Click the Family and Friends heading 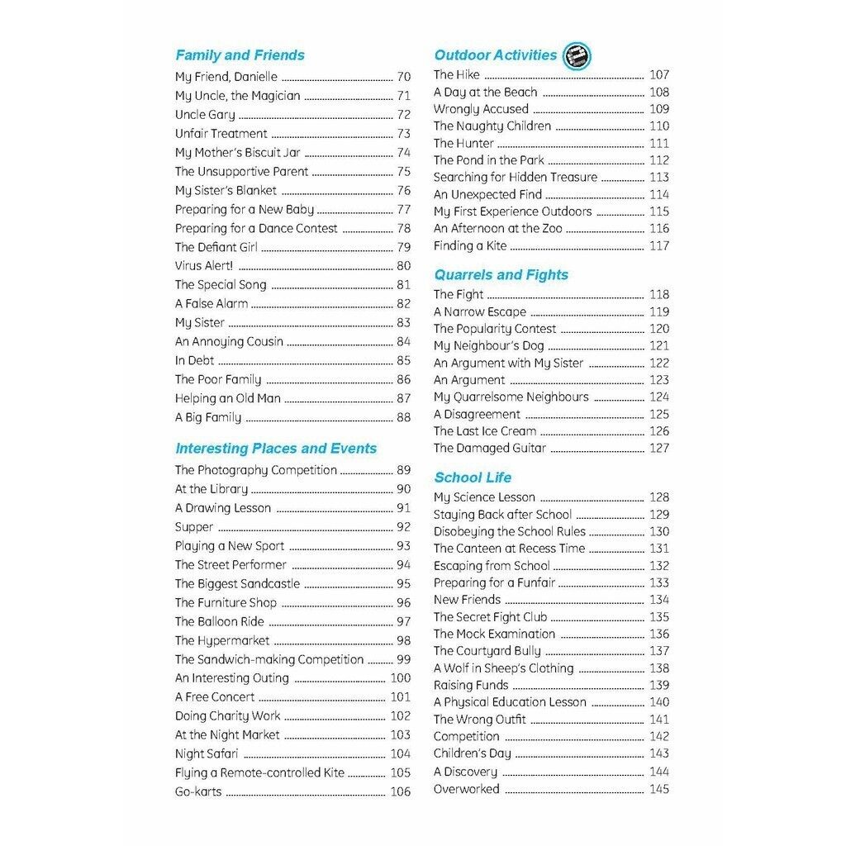point(240,55)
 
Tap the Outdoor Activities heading point(495,55)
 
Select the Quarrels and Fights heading point(501,274)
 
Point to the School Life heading point(473,477)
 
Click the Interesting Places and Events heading point(275,448)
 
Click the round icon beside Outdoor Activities point(577,56)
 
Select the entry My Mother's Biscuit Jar point(237,152)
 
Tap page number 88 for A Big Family point(403,417)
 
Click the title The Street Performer point(231,565)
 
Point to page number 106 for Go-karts point(400,791)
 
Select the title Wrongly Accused point(481,109)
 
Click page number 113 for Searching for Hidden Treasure point(658,177)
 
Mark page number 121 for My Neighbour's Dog point(658,346)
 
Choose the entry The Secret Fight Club point(490,617)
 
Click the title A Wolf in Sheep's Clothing point(503,668)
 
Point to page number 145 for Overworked point(658,789)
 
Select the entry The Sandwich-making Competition point(269,659)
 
